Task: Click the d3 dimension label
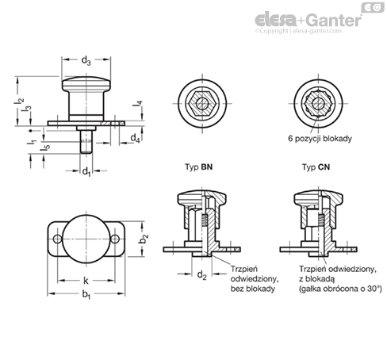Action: tap(86, 61)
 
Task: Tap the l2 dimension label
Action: tap(19, 104)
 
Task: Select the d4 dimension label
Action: tap(135, 138)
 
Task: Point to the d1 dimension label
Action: tap(86, 171)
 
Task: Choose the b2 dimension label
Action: tap(144, 239)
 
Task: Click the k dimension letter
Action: tap(86, 281)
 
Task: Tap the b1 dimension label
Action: tap(86, 294)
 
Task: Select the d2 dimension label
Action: tap(201, 275)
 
